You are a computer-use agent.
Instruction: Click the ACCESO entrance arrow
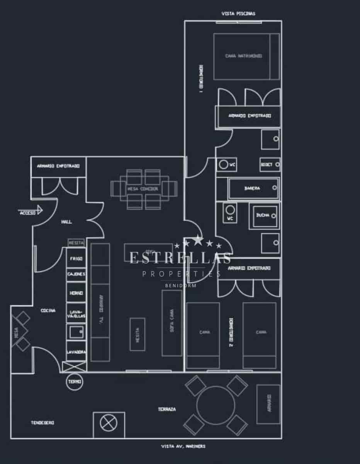point(31,212)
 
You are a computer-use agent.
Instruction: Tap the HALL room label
point(66,222)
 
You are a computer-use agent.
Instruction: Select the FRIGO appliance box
point(76,259)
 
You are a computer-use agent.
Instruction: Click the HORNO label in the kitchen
point(76,293)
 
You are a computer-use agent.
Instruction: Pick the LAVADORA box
point(76,352)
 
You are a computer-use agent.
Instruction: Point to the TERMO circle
point(75,381)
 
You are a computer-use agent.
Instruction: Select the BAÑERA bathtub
point(253,189)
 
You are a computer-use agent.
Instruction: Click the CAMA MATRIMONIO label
point(244,56)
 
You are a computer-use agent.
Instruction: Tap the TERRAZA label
point(167,409)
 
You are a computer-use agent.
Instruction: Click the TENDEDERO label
point(42,423)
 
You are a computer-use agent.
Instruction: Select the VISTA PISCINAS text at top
point(238,14)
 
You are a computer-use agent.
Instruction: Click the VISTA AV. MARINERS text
point(183,446)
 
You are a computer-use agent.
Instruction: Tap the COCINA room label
point(48,310)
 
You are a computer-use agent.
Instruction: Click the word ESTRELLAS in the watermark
point(180,258)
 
